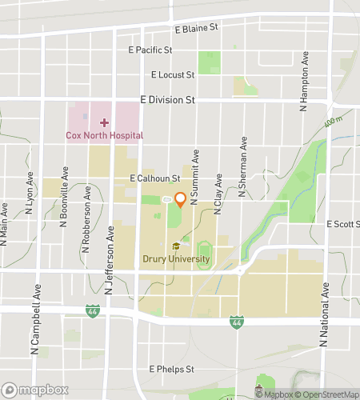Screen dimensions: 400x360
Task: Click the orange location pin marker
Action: point(180,200)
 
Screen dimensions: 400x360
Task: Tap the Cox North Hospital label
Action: point(105,135)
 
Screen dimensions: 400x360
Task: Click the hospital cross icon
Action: point(104,122)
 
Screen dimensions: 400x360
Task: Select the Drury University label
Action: point(176,258)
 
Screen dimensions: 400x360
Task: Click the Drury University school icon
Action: point(176,246)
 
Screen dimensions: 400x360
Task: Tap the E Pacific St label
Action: point(150,50)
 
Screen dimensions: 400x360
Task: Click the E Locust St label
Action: point(173,75)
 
